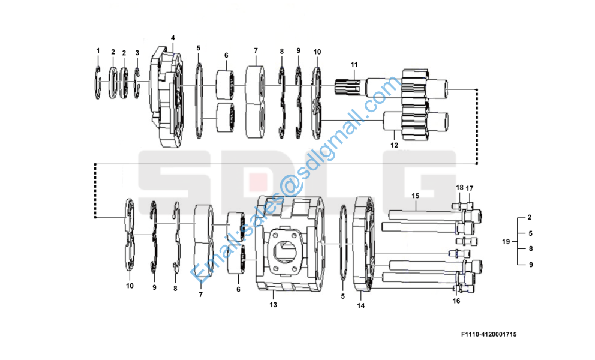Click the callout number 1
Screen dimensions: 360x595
pyautogui.click(x=98, y=51)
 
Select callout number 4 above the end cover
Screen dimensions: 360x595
pyautogui.click(x=173, y=38)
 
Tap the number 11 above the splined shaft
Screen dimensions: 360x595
pyautogui.click(x=354, y=64)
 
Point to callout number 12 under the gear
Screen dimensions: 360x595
pyautogui.click(x=394, y=145)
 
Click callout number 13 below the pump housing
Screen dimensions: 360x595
pyautogui.click(x=273, y=305)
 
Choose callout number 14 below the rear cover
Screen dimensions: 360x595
pyautogui.click(x=360, y=305)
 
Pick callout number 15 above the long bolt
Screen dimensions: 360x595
pyautogui.click(x=415, y=196)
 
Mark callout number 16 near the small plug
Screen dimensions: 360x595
pyautogui.click(x=456, y=301)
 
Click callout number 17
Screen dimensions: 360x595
pyautogui.click(x=470, y=188)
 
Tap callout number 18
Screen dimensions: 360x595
pyautogui.click(x=459, y=188)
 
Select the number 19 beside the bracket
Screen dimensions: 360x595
pyautogui.click(x=506, y=241)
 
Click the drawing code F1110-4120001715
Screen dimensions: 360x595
pyautogui.click(x=488, y=334)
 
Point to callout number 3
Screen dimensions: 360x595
pyautogui.click(x=137, y=53)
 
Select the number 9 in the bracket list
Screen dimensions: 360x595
pyautogui.click(x=530, y=265)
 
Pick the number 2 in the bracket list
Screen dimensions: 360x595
pyautogui.click(x=530, y=217)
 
